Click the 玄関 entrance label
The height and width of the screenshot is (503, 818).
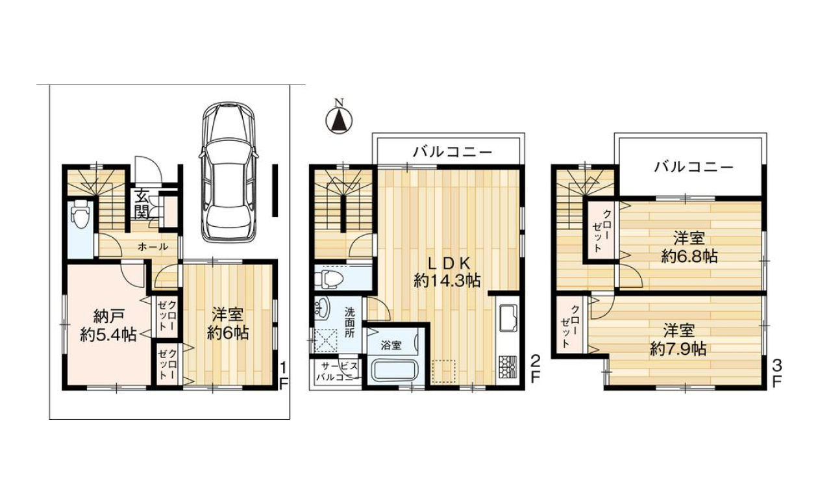point(141,205)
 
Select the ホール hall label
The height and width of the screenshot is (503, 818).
point(153,247)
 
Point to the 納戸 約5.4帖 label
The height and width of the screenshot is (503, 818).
point(108,326)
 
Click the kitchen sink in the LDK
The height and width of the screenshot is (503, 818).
point(507,317)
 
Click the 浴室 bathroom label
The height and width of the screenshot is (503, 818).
point(391,346)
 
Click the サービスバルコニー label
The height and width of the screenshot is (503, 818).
point(338,372)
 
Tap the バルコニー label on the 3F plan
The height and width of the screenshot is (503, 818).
point(694,168)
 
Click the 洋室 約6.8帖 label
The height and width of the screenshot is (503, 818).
point(689,248)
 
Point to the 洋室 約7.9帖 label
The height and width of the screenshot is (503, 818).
point(678,340)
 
